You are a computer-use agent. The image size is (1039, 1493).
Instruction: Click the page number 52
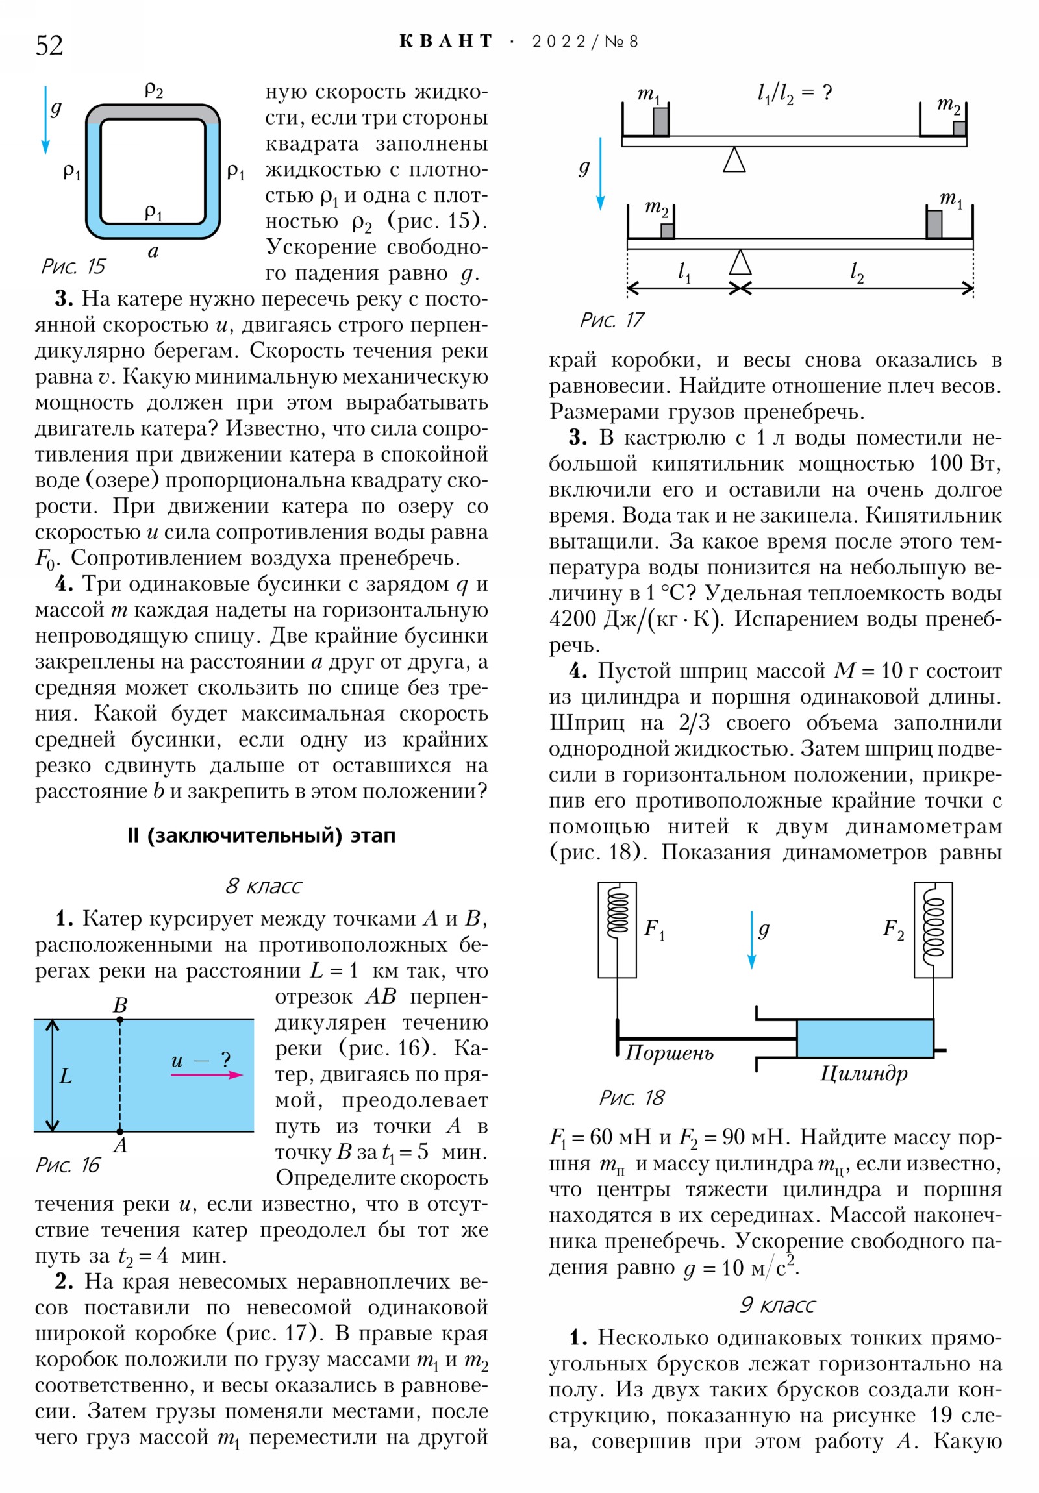(49, 45)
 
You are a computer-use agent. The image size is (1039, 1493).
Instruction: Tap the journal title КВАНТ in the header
(445, 42)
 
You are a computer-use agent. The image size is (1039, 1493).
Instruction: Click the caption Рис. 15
(73, 266)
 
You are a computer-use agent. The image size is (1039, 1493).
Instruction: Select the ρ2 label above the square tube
(153, 90)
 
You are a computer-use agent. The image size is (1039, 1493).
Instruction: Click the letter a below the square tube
(153, 252)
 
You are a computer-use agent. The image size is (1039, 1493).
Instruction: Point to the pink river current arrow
(207, 1074)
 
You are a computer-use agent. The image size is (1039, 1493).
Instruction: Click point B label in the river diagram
(120, 1006)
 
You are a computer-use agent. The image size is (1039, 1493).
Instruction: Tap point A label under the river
(120, 1145)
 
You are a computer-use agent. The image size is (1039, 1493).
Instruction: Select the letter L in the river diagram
(66, 1076)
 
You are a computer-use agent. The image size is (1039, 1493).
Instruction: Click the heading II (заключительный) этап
(262, 835)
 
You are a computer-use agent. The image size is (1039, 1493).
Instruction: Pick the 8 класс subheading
(264, 886)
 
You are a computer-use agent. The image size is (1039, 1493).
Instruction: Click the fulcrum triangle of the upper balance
(734, 160)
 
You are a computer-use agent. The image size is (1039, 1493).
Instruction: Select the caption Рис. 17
(612, 320)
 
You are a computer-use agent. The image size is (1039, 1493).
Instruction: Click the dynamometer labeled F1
(617, 930)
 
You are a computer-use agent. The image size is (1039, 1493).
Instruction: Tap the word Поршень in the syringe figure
(670, 1053)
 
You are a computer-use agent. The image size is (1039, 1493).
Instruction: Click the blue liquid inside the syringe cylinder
(864, 1039)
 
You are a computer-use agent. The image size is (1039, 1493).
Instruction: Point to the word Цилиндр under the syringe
(863, 1074)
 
